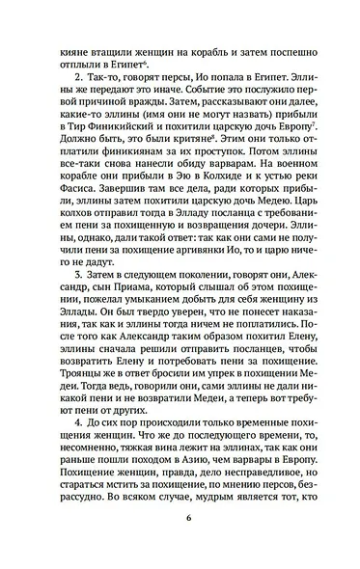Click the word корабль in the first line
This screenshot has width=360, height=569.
[x=204, y=39]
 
